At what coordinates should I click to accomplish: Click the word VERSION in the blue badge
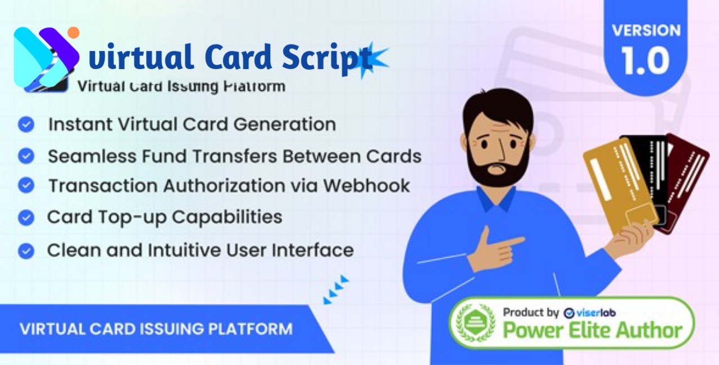coord(646,30)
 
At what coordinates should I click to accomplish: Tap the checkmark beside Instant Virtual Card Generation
coord(26,124)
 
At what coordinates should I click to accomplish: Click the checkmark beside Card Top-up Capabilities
coord(26,217)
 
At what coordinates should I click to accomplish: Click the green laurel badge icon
coord(475,323)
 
